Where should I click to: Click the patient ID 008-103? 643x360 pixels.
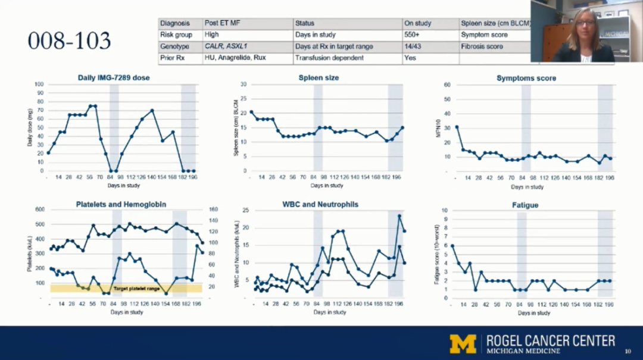[x=69, y=41]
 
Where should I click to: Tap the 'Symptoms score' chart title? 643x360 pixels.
[x=526, y=78]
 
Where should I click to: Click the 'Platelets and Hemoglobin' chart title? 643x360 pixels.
[x=121, y=204]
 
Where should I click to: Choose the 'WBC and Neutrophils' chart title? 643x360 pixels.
[x=320, y=204]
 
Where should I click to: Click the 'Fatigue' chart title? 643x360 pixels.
[x=525, y=205]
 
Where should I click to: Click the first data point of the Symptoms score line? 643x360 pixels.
[x=457, y=127]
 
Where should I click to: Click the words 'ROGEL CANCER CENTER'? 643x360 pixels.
[x=551, y=340]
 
